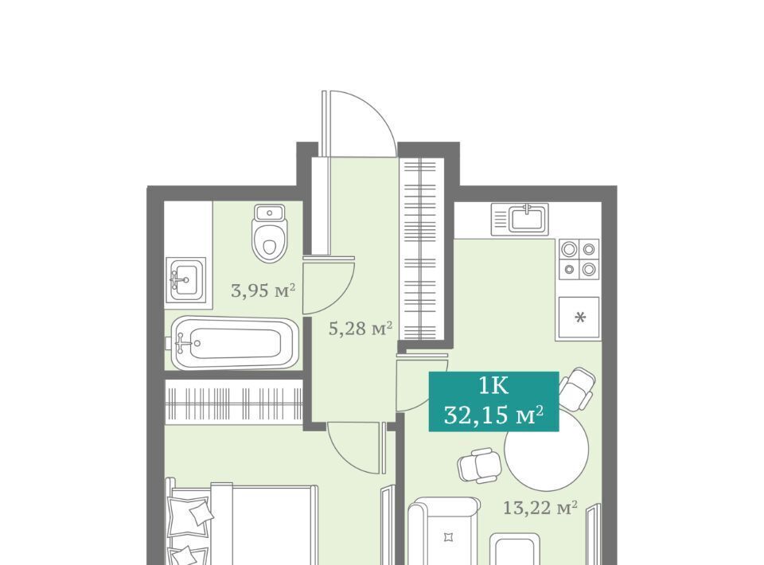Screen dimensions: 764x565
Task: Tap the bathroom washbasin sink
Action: pos(185,279)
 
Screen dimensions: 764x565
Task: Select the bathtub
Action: pos(233,343)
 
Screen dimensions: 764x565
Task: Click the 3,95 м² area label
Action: pos(263,290)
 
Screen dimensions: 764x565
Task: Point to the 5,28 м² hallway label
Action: pos(361,329)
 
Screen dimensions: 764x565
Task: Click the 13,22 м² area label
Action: pos(540,508)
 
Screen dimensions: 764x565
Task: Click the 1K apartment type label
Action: pos(493,386)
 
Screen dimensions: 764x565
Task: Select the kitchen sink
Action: pos(520,218)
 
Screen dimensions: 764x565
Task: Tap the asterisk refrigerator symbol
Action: pos(580,318)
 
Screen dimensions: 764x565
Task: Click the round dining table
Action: pos(546,449)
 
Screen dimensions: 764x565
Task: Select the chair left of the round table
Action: pos(479,465)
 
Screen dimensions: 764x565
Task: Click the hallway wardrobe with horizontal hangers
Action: pos(420,249)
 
